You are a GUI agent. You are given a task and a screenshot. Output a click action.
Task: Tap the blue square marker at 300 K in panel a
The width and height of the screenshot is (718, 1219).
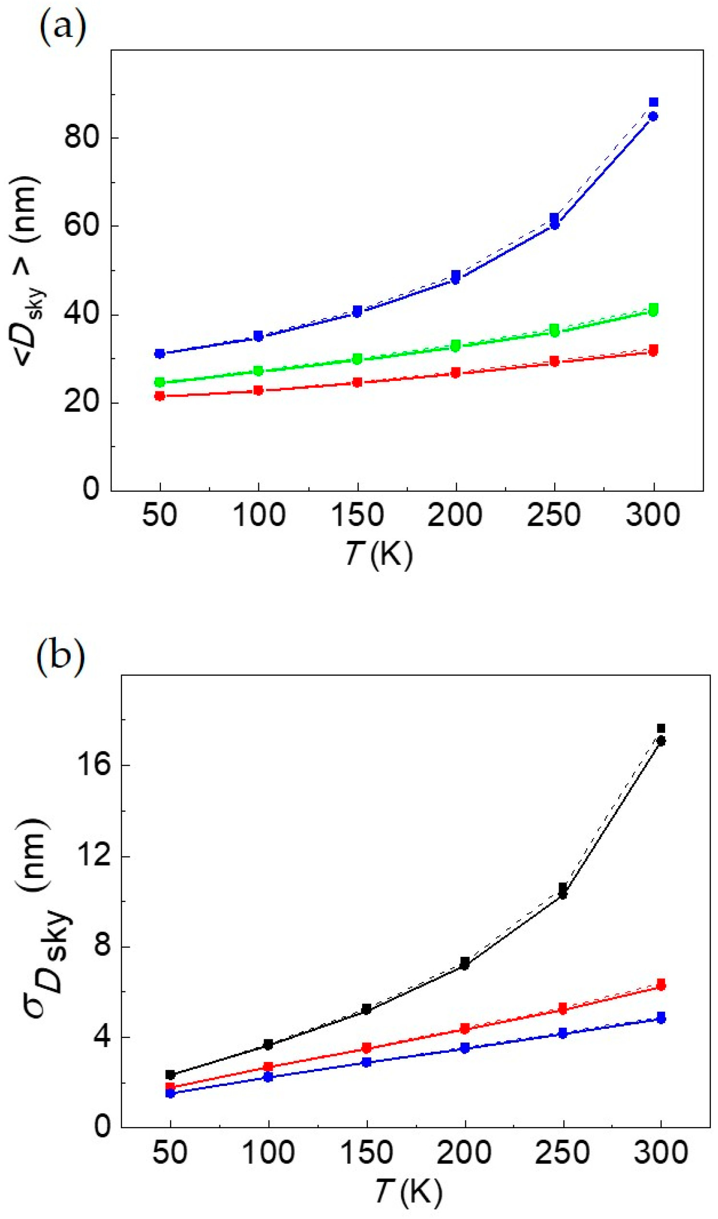coord(653,102)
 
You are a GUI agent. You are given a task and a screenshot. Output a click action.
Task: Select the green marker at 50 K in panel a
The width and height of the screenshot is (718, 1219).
coord(159,382)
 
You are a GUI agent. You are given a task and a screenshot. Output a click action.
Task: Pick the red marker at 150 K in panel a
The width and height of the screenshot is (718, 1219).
coord(357,382)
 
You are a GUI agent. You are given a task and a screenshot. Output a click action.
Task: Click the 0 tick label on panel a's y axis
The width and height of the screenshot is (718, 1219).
coord(90,489)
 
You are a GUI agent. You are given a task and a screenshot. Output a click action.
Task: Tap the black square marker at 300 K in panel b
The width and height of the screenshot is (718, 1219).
coord(661,729)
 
